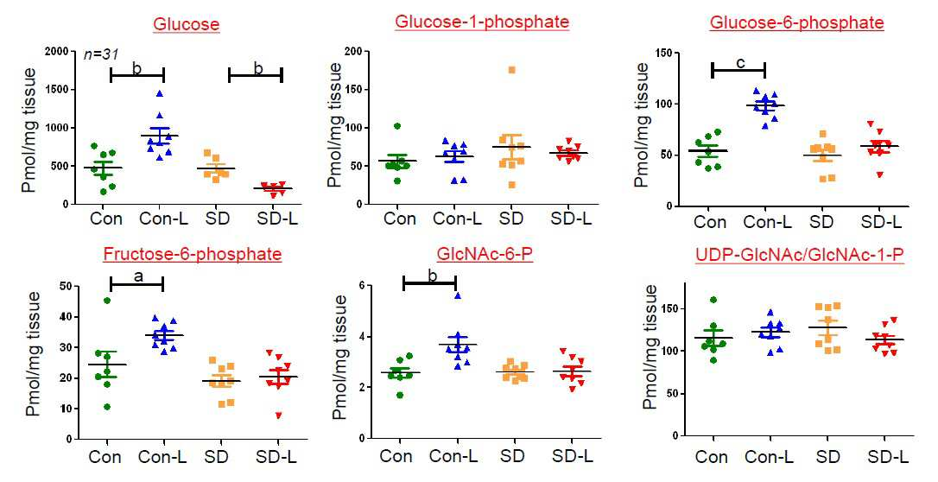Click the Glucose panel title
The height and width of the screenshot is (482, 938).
(186, 24)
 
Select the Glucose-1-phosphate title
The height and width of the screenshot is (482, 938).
(482, 22)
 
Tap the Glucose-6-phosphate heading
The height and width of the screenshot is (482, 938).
(797, 22)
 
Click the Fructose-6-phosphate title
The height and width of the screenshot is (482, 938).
(192, 254)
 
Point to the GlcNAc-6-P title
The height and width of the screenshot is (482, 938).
(485, 254)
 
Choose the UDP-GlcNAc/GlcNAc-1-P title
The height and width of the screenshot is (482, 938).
(799, 255)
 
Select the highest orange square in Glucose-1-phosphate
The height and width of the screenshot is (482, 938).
(511, 70)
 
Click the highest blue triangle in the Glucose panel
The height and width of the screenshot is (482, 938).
(160, 94)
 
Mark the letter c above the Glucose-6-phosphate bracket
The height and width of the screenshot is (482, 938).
(740, 63)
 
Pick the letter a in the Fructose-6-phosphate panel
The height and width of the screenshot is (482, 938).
(137, 276)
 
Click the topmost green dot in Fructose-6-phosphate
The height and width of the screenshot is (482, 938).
(107, 301)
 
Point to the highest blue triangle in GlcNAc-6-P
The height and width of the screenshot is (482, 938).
(458, 295)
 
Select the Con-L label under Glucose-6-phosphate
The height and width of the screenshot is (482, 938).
(767, 222)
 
